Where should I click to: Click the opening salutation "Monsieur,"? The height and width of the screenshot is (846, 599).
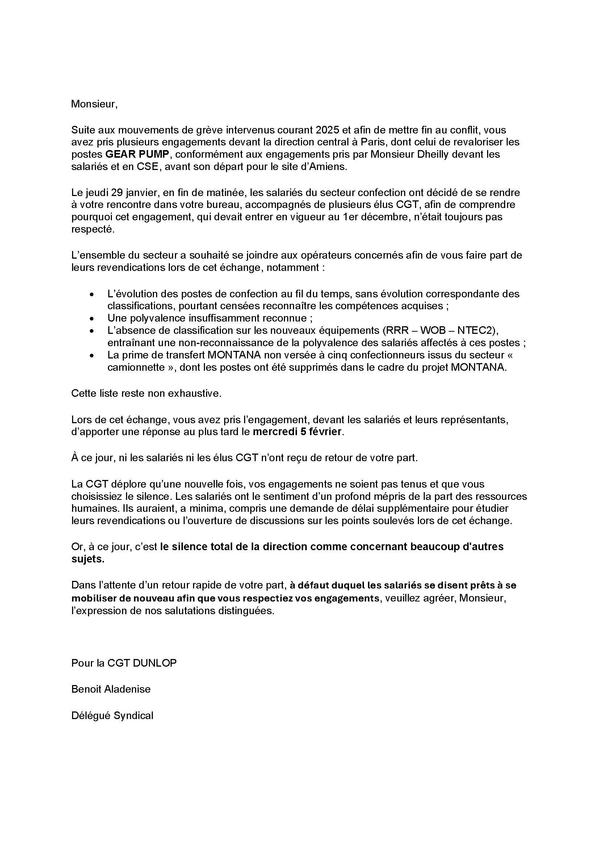(94, 104)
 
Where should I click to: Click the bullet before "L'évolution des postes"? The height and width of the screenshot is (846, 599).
(92, 294)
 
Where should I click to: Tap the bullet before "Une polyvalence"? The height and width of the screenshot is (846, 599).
(92, 319)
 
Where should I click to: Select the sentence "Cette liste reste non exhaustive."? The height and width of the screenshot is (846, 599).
(146, 394)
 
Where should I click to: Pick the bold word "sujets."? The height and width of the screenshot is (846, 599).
(88, 559)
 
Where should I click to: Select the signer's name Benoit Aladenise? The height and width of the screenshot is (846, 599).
(111, 689)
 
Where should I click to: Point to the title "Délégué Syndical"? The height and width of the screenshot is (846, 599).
(112, 715)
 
